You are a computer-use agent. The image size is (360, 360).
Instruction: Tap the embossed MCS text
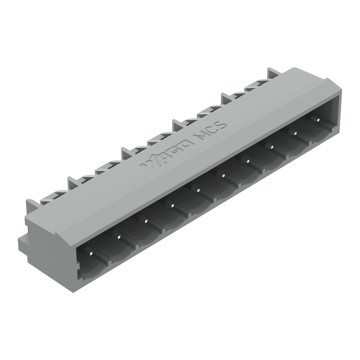(x=211, y=131)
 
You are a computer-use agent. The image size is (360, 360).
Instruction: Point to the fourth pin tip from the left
(x=172, y=204)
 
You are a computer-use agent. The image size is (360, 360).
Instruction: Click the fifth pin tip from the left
(x=198, y=189)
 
